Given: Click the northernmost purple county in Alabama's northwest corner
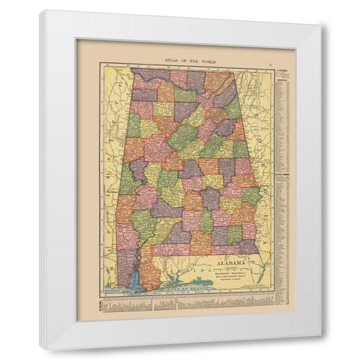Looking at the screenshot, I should click(x=144, y=76).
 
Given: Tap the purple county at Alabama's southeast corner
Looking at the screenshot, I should click(x=247, y=246).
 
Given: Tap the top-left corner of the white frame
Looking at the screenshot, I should click(x=42, y=12).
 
